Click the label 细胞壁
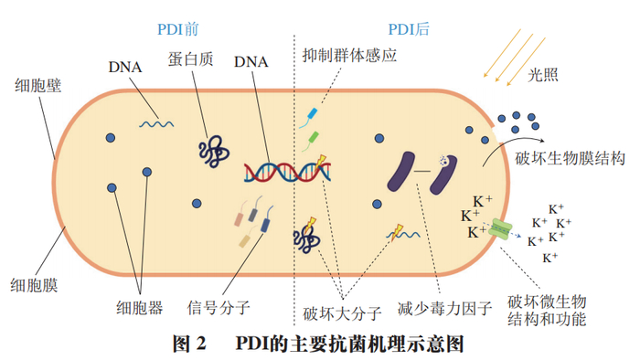click(37, 87)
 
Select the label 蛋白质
click(189, 58)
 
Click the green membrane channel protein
click(500, 229)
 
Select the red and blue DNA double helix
click(274, 170)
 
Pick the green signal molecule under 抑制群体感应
click(314, 139)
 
